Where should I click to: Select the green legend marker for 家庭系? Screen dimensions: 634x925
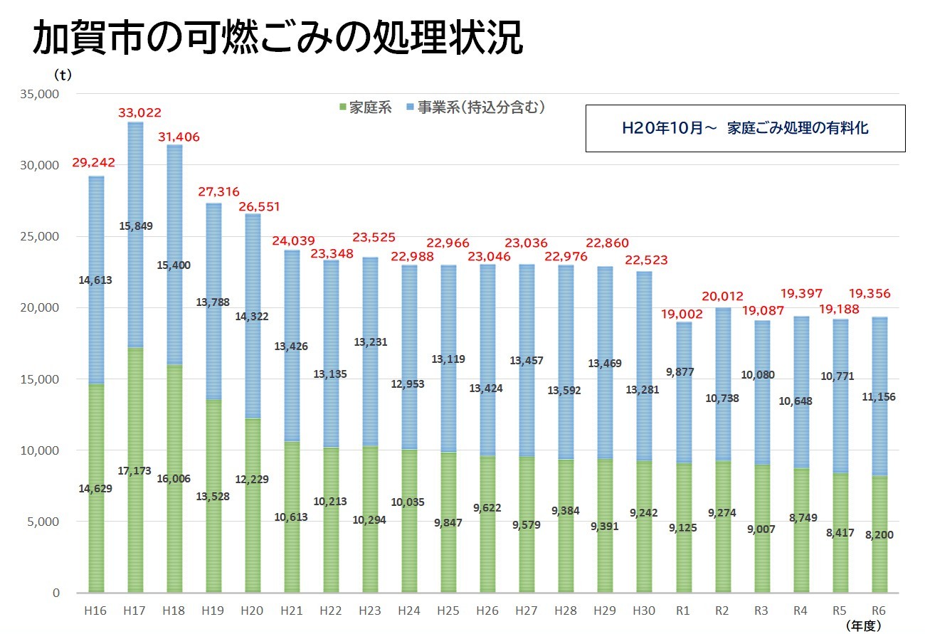pyautogui.click(x=344, y=108)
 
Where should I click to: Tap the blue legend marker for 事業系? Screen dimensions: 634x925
pyautogui.click(x=411, y=108)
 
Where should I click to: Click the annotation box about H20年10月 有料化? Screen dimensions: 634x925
pyautogui.click(x=745, y=128)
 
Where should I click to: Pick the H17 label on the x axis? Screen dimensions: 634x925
pyautogui.click(x=134, y=610)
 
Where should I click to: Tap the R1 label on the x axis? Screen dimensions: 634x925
pyautogui.click(x=683, y=610)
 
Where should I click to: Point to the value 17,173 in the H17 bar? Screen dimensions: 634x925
pyautogui.click(x=136, y=471)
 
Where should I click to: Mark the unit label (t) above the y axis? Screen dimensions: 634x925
pyautogui.click(x=63, y=73)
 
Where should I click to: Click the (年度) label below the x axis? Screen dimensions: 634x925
pyautogui.click(x=864, y=625)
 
